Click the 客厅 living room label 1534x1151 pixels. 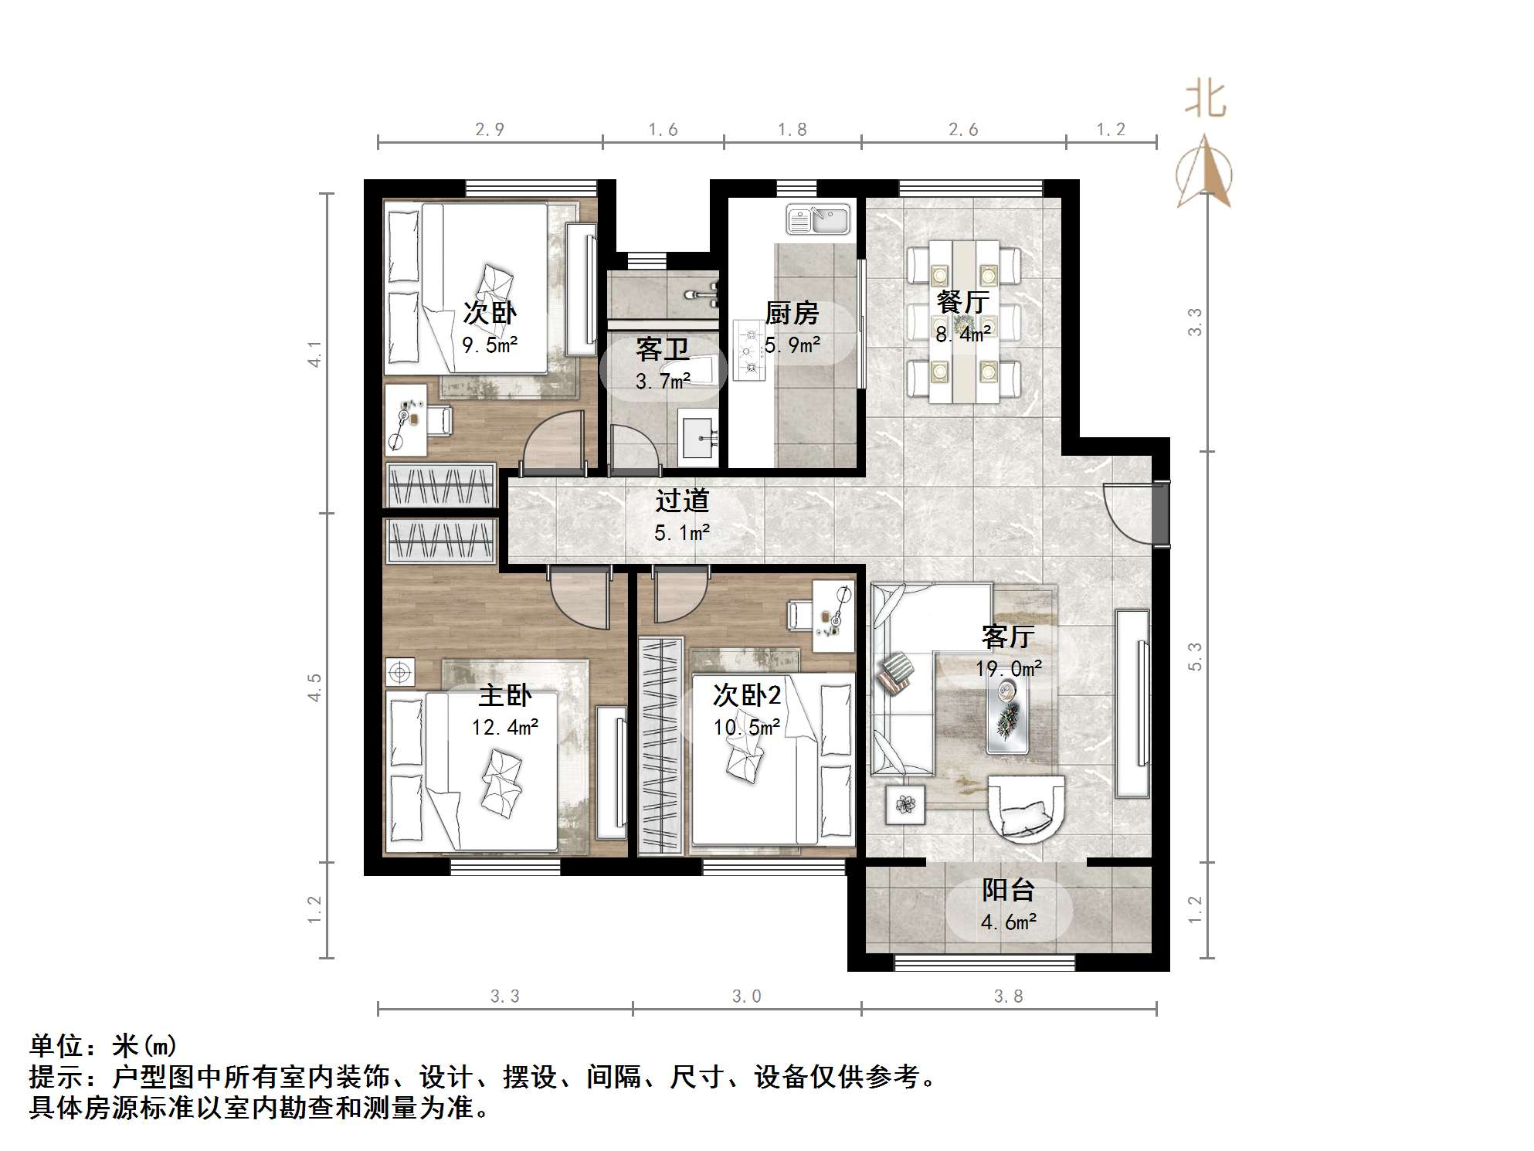1008,637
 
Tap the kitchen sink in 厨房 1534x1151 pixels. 818,219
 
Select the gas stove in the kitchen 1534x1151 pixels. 747,350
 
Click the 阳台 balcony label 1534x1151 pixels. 1008,890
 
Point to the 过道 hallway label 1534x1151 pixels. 682,501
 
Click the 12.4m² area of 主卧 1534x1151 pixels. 505,727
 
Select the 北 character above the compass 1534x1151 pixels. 1206,100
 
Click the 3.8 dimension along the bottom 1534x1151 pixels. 1008,997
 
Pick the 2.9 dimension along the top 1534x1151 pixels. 490,130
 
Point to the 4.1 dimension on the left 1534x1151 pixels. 315,354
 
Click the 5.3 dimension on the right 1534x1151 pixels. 1195,657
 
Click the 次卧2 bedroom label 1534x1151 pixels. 746,695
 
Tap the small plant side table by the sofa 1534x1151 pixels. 905,805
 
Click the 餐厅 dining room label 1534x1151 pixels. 962,301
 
